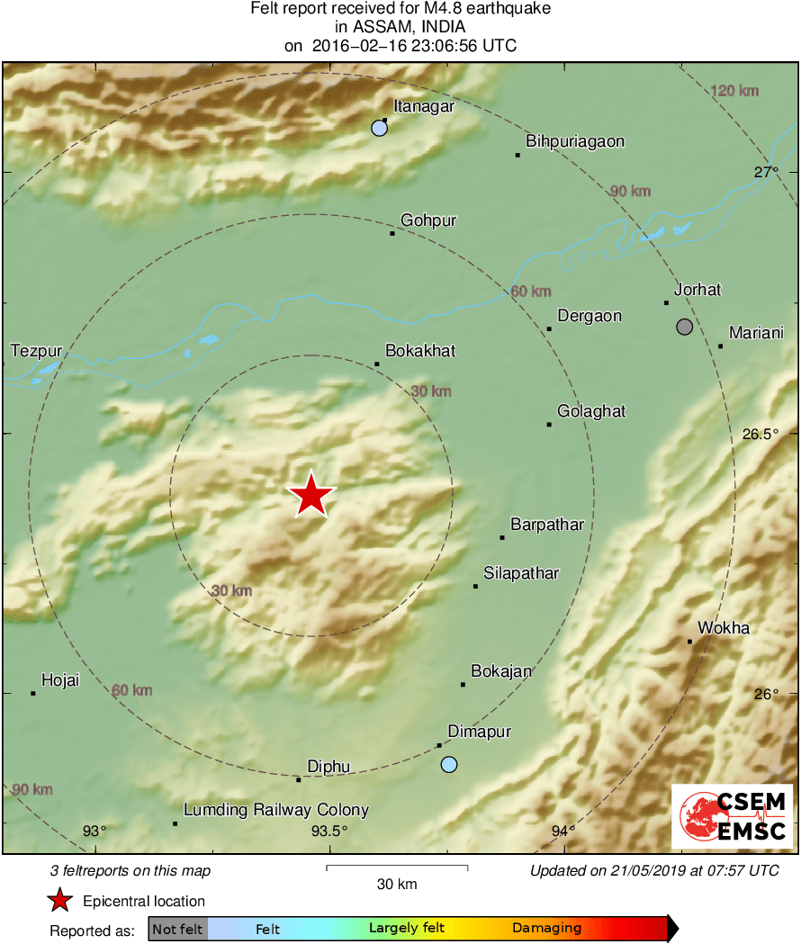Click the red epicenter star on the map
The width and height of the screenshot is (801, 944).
[x=310, y=495]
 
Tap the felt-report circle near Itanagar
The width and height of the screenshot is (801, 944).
[x=379, y=129]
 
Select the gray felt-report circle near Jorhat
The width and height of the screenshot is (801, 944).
[x=685, y=327]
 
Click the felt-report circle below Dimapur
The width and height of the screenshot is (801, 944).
[x=449, y=765]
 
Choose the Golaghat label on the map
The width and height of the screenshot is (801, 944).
[x=591, y=411]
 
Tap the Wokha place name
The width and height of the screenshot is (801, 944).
[x=724, y=628]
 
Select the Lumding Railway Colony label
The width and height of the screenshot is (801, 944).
[x=276, y=810]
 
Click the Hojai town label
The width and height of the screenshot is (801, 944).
[x=60, y=680]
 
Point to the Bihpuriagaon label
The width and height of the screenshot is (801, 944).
[x=575, y=141]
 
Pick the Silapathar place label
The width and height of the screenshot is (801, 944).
[x=521, y=573]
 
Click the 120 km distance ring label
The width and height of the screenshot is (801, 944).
[x=733, y=91]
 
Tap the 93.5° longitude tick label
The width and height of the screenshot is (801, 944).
[x=328, y=831]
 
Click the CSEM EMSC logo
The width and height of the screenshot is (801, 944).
[x=732, y=816]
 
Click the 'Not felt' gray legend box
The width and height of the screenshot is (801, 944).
[x=177, y=928]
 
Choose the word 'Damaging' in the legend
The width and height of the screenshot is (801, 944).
[x=546, y=928]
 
